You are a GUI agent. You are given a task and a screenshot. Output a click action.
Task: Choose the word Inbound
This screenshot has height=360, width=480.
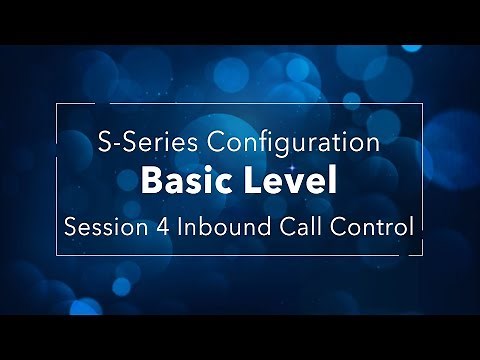218,225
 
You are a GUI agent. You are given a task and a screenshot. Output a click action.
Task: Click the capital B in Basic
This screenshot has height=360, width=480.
151,183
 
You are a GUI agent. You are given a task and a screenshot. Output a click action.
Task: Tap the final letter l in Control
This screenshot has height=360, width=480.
411,225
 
